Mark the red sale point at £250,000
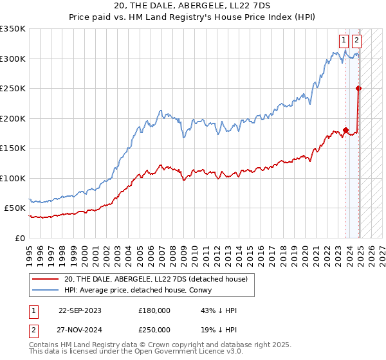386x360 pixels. [x=358, y=89]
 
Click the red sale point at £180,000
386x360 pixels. [x=345, y=130]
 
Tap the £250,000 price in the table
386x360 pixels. [x=154, y=331]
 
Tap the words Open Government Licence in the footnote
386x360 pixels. [x=181, y=352]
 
